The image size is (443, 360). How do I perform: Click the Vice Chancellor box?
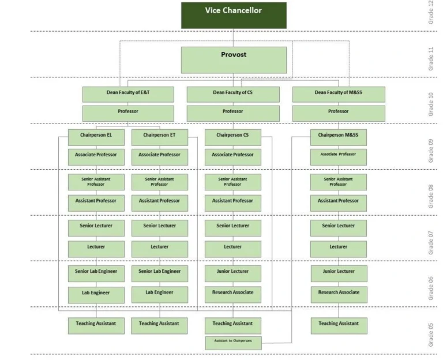pyautogui.click(x=234, y=15)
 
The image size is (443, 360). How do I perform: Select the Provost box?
pyautogui.click(x=234, y=59)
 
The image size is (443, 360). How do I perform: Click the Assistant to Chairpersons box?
pyautogui.click(x=233, y=343)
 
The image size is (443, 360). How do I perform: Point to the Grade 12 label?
pyautogui.click(x=431, y=13)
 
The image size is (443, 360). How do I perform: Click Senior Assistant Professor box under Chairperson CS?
pyautogui.click(x=233, y=182)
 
